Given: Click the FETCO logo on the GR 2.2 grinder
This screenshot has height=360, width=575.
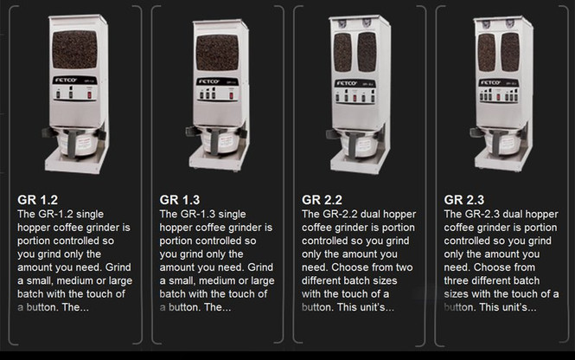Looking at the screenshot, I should point(347,83).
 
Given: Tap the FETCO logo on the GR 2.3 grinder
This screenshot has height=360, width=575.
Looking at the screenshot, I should point(489,83).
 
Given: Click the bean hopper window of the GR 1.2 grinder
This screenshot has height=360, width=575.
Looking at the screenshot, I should point(74,50).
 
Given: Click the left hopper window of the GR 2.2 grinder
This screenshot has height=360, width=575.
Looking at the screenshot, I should point(343,52).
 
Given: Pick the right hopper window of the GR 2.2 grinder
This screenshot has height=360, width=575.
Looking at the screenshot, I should point(367,52).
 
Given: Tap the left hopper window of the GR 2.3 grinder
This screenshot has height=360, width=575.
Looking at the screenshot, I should point(486,52).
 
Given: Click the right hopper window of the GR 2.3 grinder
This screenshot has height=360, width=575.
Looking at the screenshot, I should point(510,52).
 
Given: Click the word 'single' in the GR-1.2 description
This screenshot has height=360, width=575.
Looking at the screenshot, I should point(108,214).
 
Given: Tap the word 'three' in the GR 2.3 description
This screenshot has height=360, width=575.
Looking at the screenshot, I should point(459,280).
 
